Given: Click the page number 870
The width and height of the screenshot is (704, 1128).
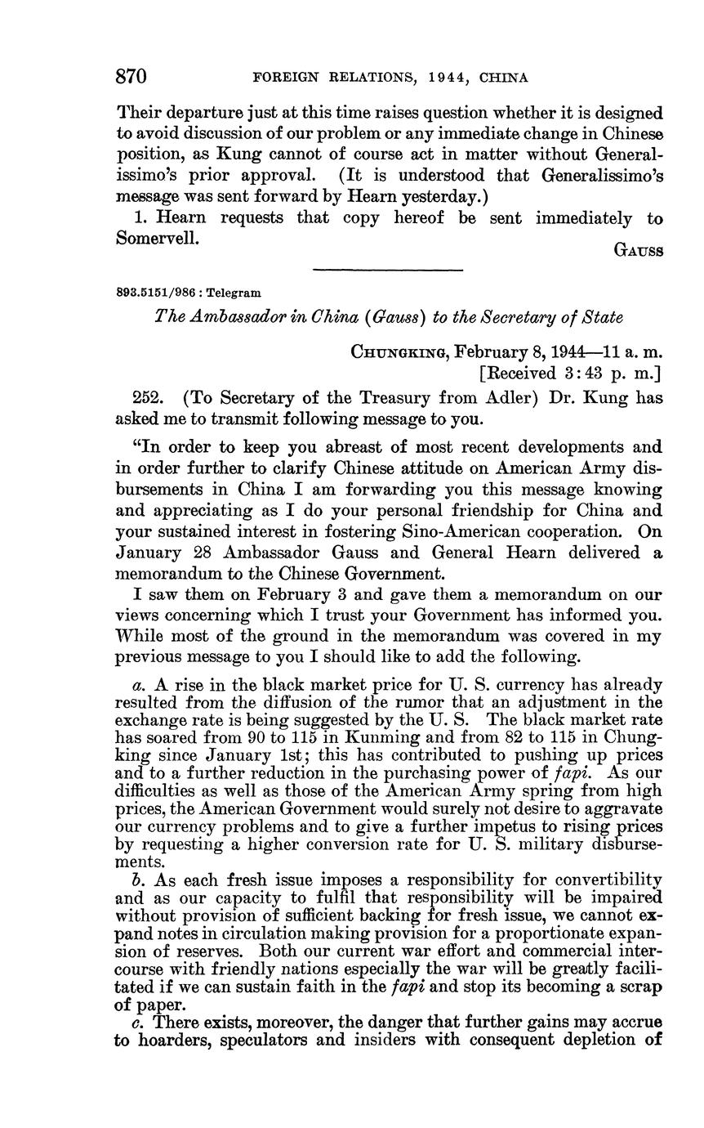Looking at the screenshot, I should pos(131,77).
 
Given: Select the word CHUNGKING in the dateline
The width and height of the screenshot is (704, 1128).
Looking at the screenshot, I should pos(399,352).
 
